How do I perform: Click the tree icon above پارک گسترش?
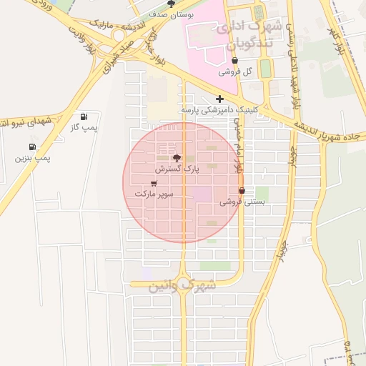(177, 158)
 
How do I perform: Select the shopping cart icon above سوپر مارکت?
(154, 183)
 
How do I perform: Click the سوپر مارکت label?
(154, 194)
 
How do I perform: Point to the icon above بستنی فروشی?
(242, 191)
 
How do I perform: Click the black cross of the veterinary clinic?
(219, 99)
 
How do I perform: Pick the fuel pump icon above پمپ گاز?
(85, 116)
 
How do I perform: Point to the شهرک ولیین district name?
(182, 287)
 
